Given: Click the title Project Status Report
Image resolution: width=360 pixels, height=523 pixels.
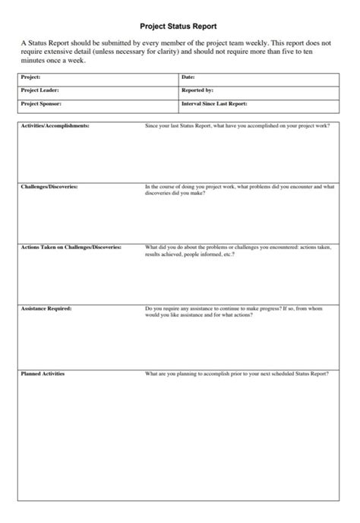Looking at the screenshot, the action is click(x=179, y=26).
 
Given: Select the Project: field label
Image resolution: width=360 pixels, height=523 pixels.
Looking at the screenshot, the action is click(x=31, y=77).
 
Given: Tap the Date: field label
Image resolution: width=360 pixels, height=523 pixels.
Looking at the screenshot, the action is click(x=188, y=77).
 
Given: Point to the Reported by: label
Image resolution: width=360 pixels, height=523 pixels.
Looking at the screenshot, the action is click(x=197, y=90).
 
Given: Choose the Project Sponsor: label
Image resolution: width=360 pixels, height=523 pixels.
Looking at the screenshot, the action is click(x=41, y=103).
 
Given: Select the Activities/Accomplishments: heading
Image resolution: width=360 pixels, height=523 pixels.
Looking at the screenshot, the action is click(x=55, y=125).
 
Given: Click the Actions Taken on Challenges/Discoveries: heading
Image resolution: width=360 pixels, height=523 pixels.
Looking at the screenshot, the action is click(x=71, y=247).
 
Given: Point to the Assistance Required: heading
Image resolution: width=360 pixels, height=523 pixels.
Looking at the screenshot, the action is click(x=46, y=309).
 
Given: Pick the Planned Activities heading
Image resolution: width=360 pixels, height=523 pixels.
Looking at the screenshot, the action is click(x=43, y=374).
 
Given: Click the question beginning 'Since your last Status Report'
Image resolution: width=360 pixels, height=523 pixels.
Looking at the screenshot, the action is click(x=237, y=125).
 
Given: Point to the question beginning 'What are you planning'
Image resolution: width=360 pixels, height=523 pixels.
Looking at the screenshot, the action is click(x=236, y=374).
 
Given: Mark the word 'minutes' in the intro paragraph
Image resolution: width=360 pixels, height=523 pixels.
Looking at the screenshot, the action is click(x=34, y=61).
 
